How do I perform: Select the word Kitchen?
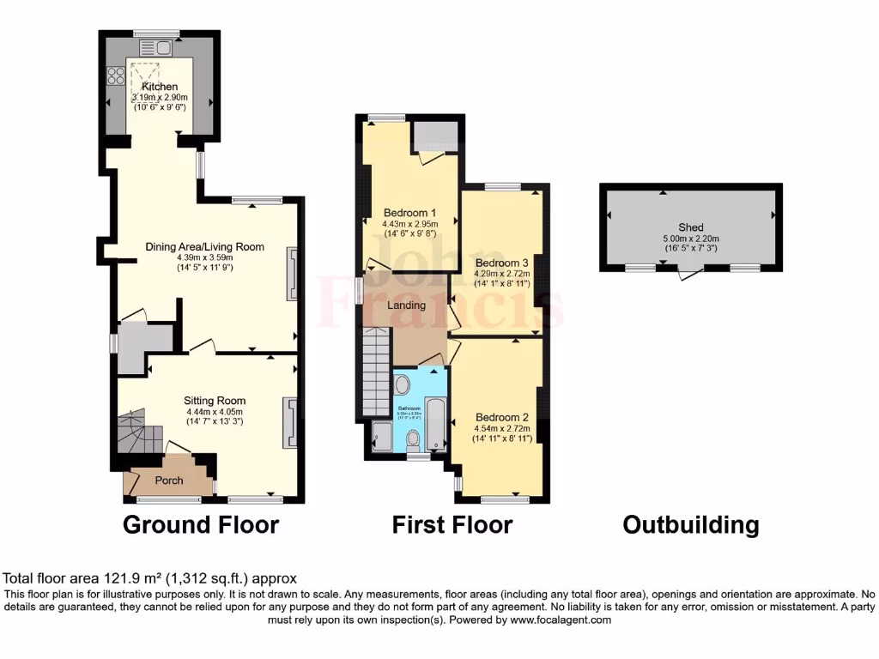coord(161,87)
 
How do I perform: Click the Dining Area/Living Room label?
coord(204,247)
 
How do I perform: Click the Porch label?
coord(169,481)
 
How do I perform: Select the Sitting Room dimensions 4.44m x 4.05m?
coord(215,411)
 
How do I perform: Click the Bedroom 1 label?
coord(409,214)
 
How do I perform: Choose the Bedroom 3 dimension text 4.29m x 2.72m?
coord(502,274)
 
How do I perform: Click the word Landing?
coord(406,305)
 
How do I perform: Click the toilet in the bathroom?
coord(413,439)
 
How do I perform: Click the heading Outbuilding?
coord(690,524)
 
